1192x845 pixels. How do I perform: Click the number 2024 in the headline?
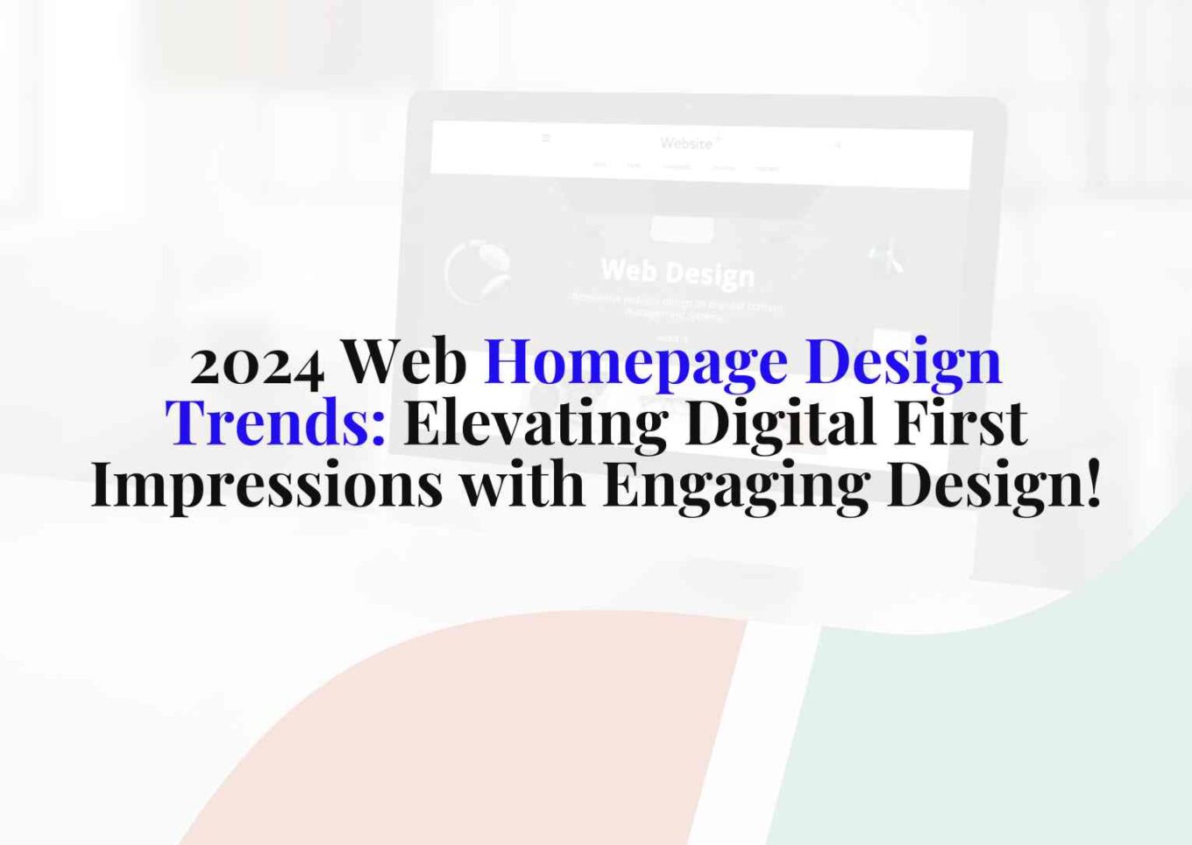(257, 363)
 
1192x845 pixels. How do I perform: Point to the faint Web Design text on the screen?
(678, 272)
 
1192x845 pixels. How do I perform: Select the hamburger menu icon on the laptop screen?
(546, 138)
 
